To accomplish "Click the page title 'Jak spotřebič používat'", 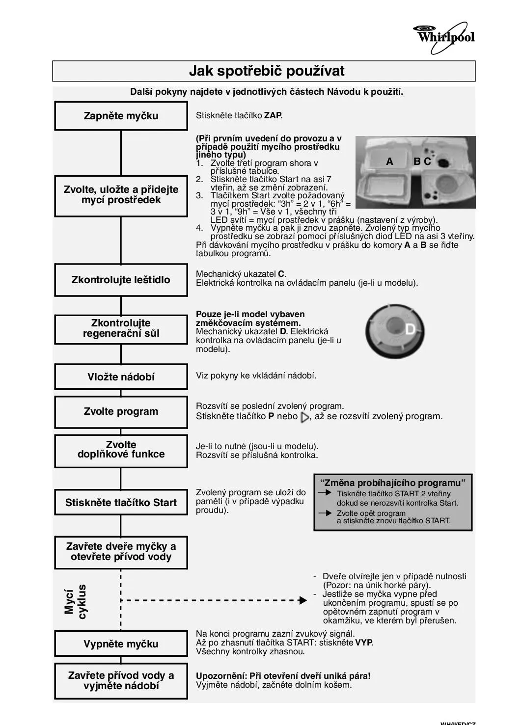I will (x=267, y=71).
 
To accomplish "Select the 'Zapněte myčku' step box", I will (x=121, y=116).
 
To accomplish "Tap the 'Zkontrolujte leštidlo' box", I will (x=121, y=280).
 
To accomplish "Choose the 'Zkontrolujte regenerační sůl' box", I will (x=121, y=328).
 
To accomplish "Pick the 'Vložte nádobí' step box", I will (x=121, y=377).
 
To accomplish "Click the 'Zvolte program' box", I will (x=121, y=411).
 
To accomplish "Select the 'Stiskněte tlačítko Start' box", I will (x=121, y=503).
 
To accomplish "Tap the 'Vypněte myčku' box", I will (x=121, y=644).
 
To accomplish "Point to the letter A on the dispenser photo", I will (x=390, y=161).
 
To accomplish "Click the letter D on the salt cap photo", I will (x=410, y=329).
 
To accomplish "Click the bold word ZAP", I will (x=273, y=116).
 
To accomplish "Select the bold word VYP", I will (x=364, y=643).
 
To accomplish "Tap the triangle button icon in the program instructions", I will (x=304, y=417).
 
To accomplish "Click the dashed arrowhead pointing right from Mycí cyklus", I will (x=303, y=600).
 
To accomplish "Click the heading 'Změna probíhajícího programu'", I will (x=393, y=483).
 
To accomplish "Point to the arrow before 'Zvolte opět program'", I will (x=325, y=513).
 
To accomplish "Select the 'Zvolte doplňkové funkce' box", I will (x=121, y=450).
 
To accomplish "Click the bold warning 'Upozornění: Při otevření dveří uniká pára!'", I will (x=283, y=676).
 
